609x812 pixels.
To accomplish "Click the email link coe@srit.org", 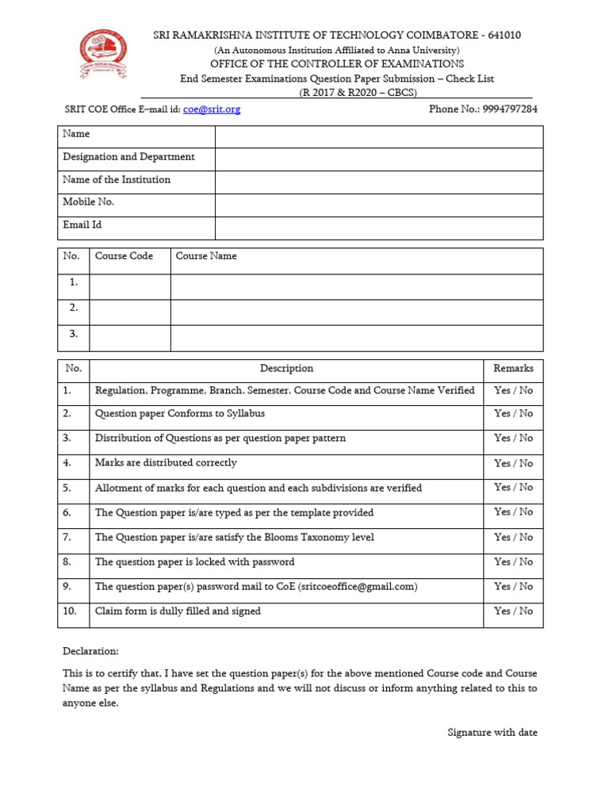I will coord(212,109).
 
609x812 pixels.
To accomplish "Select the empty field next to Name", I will coord(379,136).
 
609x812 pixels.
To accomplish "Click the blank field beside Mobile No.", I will coord(379,205).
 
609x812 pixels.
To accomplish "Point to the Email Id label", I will coord(82,225).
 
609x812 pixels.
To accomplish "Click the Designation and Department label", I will coord(128,157).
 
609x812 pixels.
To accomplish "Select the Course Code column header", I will coord(124,256).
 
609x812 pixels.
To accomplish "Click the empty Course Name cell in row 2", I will coord(357,312).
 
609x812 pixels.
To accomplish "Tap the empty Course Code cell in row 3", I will coord(130,338).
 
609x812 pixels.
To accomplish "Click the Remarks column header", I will coord(513,369).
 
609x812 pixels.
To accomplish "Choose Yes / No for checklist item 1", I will coord(513,391).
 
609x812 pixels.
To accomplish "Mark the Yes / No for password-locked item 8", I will coord(513,562).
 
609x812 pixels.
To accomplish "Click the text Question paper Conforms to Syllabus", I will coord(180,414).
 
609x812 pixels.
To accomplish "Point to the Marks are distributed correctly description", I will coord(166,463).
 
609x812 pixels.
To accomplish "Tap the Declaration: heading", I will coord(90,651).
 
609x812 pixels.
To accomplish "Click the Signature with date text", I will coord(492,733).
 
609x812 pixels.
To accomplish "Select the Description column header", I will coord(286,369).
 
